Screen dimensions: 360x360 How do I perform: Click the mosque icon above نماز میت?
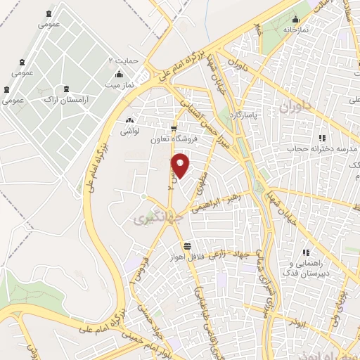[x=119, y=74]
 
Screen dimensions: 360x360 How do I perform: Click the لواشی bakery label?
[x=129, y=131]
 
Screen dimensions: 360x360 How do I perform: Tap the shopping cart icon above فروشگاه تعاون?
[x=173, y=128]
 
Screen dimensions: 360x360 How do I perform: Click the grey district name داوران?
[x=294, y=108]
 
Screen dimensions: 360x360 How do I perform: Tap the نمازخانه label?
[x=296, y=30]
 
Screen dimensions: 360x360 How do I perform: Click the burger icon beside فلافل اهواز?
[x=187, y=246]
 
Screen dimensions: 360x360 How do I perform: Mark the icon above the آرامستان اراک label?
[x=66, y=89]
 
